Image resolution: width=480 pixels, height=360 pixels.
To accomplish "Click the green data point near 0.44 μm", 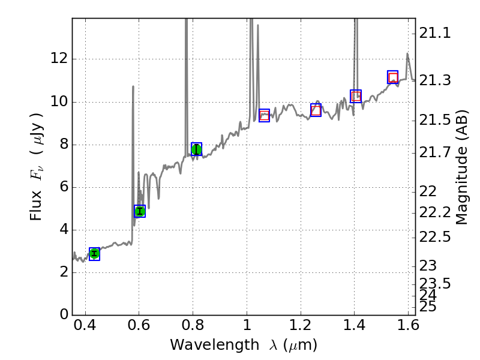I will pyautogui.click(x=94, y=254).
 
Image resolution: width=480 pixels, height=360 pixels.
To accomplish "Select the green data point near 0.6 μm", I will pyautogui.click(x=140, y=211).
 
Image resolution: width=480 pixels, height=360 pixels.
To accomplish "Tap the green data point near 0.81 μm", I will pyautogui.click(x=196, y=149).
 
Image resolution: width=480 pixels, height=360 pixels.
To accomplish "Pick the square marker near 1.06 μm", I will pyautogui.click(x=264, y=116).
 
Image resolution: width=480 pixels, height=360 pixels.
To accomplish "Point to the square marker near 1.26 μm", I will pyautogui.click(x=316, y=110).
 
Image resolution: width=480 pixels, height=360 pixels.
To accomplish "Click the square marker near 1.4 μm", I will pyautogui.click(x=356, y=96).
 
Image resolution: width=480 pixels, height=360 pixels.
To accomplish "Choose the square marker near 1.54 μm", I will pyautogui.click(x=393, y=77).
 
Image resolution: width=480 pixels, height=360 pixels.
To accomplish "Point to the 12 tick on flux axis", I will pyautogui.click(x=59, y=59).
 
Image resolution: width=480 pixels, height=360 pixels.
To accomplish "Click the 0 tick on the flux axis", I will pyautogui.click(x=62, y=315).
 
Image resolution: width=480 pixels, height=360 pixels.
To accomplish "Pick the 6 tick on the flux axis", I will pyautogui.click(x=62, y=187).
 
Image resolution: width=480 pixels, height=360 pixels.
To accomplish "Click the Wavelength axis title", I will pyautogui.click(x=244, y=345).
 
